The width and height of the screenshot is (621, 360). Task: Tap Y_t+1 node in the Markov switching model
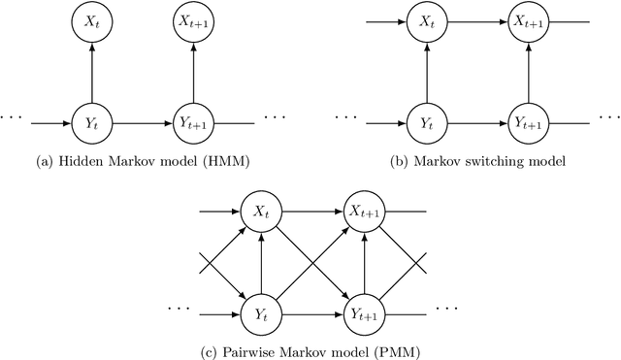click(526, 124)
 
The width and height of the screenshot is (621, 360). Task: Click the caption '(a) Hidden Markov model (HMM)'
click(142, 159)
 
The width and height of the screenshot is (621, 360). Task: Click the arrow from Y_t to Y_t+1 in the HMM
click(142, 123)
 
